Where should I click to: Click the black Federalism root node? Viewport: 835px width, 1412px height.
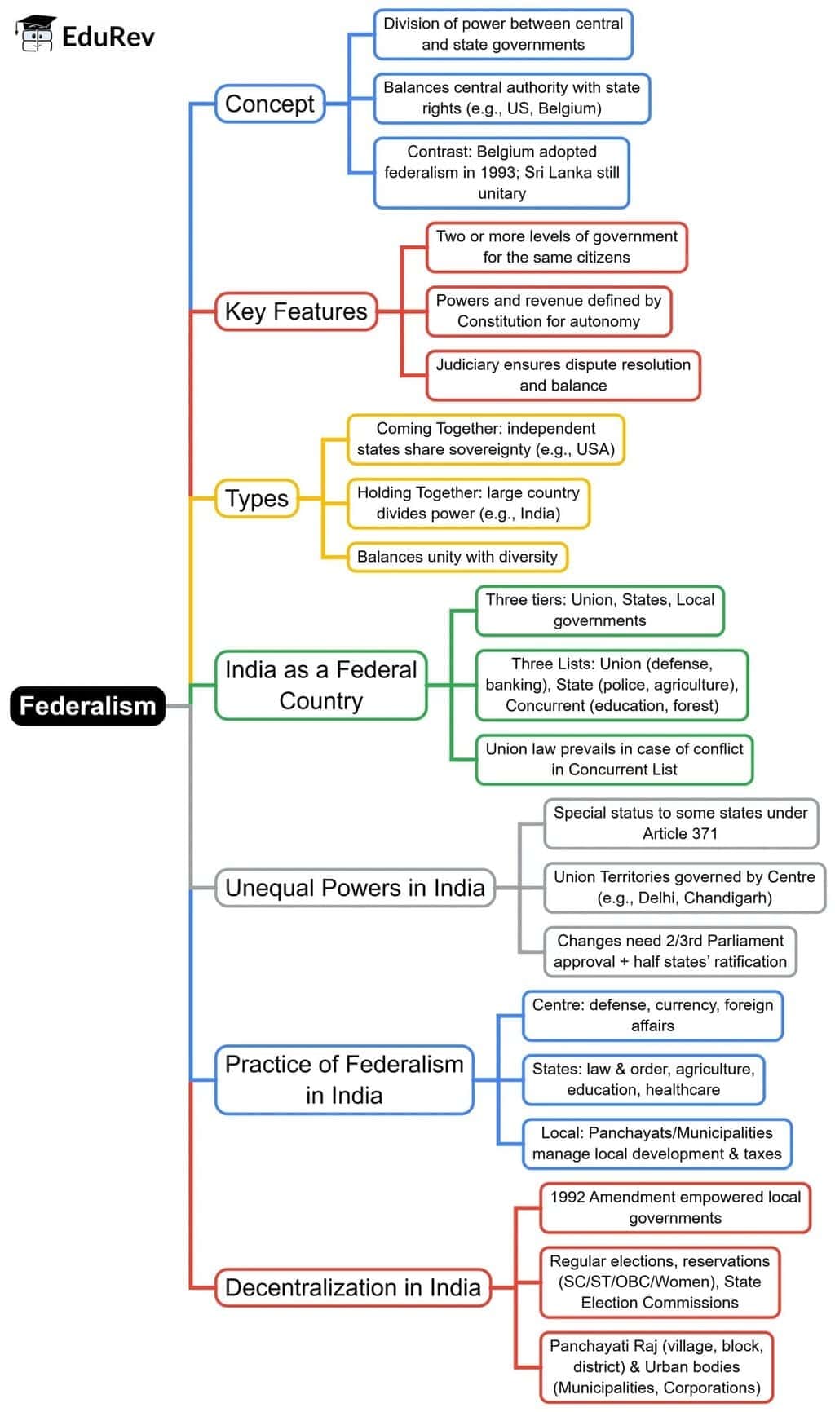(x=87, y=706)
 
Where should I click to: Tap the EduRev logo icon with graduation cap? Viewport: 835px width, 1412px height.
(x=36, y=35)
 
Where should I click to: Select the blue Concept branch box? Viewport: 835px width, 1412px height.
(x=269, y=104)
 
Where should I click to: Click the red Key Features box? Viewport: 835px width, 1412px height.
(x=295, y=311)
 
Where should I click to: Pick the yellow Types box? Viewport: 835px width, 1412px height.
(x=256, y=498)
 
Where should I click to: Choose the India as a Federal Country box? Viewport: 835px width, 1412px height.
(x=320, y=685)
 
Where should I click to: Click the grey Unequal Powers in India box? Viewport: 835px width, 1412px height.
(x=355, y=887)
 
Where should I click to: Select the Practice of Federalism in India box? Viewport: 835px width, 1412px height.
(x=344, y=1079)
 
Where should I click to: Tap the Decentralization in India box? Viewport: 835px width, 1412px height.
(x=352, y=1287)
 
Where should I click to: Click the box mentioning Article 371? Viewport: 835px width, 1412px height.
(x=680, y=823)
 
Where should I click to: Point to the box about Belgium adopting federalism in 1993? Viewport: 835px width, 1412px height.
(x=501, y=173)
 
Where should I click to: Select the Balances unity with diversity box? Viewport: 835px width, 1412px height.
(x=457, y=557)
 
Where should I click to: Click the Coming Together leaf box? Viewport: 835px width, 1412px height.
(x=485, y=439)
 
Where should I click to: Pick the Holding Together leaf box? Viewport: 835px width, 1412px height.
(x=468, y=503)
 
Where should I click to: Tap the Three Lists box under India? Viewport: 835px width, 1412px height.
(x=612, y=685)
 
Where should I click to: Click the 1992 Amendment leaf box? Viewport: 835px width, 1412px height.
(x=674, y=1207)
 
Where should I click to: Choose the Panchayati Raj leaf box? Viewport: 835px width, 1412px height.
(x=656, y=1366)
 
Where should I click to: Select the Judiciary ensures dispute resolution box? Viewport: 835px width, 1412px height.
(x=563, y=375)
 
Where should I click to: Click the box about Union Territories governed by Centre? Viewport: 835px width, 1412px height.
(x=684, y=887)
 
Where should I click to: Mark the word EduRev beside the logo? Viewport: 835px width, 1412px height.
(x=108, y=37)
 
